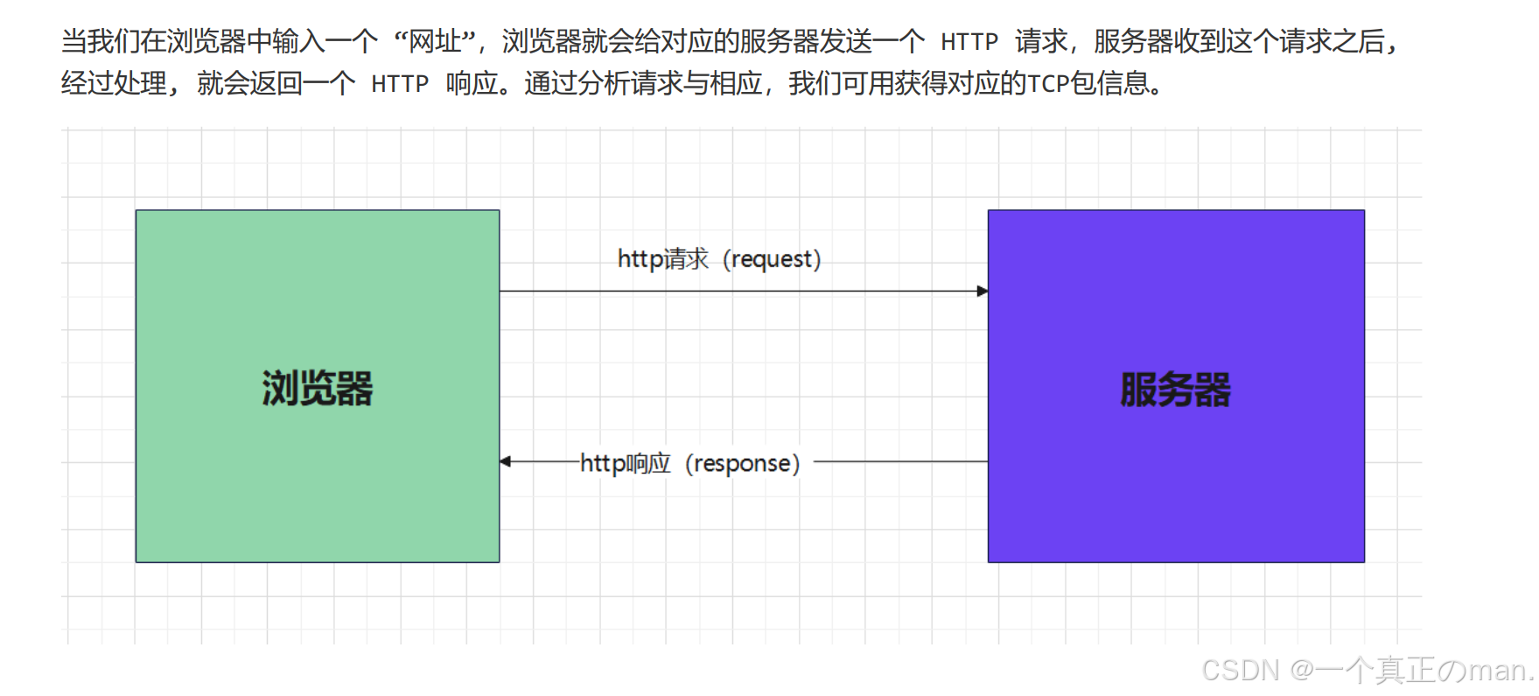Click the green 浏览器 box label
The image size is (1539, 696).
[317, 389]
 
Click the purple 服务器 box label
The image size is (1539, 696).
[1175, 390]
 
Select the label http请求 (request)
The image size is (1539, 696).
[718, 259]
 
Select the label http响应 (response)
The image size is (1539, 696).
[689, 463]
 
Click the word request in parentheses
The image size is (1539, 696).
[770, 259]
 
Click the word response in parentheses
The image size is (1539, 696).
[742, 464]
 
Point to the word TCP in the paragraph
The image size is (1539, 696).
[1047, 84]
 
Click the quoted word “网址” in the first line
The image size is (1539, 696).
[435, 41]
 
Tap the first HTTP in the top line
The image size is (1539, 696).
[969, 42]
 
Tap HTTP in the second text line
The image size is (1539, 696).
[399, 84]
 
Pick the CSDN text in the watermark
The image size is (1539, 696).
[1240, 671]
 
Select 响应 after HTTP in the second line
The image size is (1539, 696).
[472, 84]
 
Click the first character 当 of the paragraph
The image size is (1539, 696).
[74, 41]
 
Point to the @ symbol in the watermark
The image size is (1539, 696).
[1303, 671]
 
